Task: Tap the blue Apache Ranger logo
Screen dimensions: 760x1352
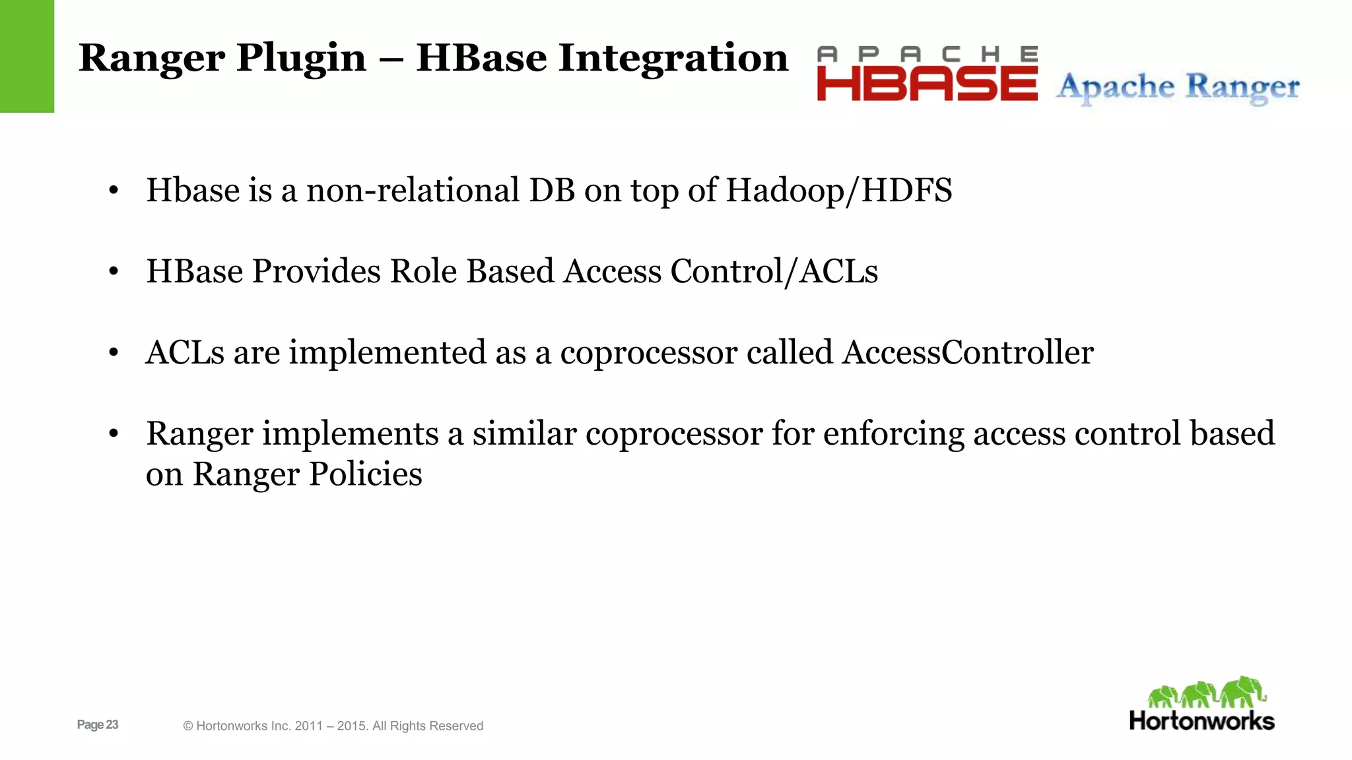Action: (x=1178, y=87)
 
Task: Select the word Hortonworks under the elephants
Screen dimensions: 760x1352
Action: (x=1201, y=721)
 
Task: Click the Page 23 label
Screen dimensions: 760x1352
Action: (x=98, y=724)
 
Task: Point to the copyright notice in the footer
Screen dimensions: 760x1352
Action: (x=333, y=726)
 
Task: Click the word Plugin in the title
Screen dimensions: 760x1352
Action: (x=301, y=58)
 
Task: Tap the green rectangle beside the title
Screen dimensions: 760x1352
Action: (x=26, y=56)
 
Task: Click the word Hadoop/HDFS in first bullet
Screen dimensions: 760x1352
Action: (x=838, y=191)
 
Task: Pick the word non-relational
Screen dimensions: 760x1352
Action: (x=413, y=191)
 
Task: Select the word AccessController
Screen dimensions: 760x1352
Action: (x=967, y=352)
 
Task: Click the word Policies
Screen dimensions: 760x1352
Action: (x=365, y=474)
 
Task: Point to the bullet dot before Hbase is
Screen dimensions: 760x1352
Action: (x=114, y=191)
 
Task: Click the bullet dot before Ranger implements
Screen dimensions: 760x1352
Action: (x=114, y=434)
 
